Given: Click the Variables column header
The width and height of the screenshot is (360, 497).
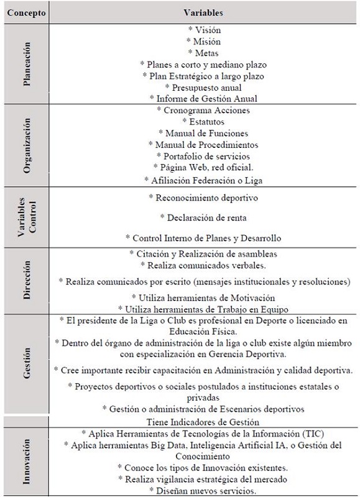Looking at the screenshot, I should pyautogui.click(x=204, y=12).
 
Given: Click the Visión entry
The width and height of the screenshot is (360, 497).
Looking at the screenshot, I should pyautogui.click(x=204, y=30).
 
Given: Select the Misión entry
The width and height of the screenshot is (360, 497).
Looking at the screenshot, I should pyautogui.click(x=204, y=41).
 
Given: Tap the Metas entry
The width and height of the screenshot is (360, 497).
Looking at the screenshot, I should pyautogui.click(x=204, y=52).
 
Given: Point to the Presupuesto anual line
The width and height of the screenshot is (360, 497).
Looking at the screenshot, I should pyautogui.click(x=204, y=87).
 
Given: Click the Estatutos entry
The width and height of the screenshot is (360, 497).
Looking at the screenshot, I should pyautogui.click(x=204, y=122).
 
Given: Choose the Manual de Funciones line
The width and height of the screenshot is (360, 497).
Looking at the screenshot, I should pyautogui.click(x=204, y=133).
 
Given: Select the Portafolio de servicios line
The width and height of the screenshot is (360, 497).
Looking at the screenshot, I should pyautogui.click(x=204, y=156).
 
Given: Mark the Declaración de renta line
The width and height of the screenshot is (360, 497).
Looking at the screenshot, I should pyautogui.click(x=204, y=217).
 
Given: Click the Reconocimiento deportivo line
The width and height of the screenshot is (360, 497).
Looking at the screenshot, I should pyautogui.click(x=204, y=198).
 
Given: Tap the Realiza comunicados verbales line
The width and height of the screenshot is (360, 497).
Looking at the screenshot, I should pyautogui.click(x=204, y=265).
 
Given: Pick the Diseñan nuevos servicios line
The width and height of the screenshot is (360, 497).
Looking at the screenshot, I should pyautogui.click(x=204, y=491).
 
